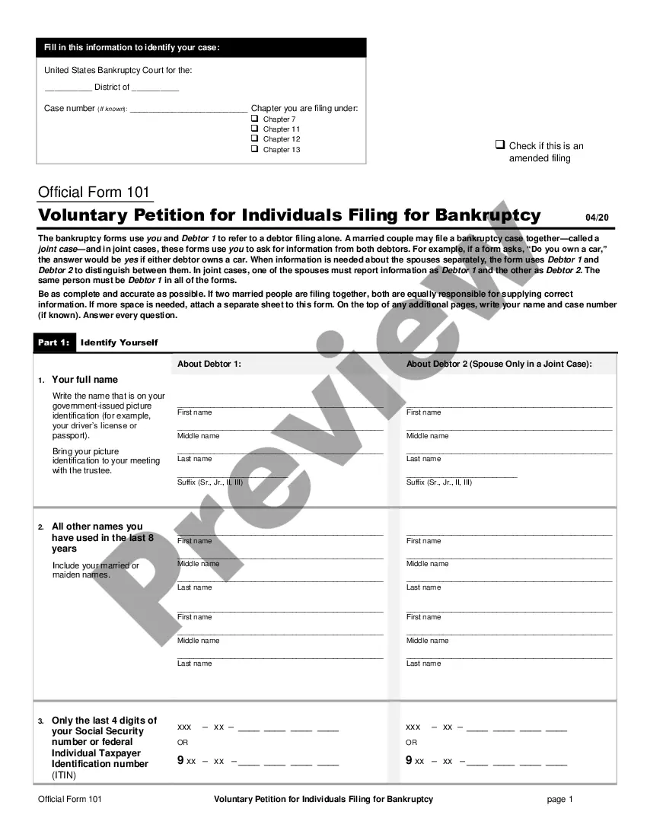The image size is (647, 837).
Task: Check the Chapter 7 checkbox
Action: (255, 119)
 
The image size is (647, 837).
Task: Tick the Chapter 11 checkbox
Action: (255, 129)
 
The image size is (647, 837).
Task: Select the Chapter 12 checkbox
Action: (255, 139)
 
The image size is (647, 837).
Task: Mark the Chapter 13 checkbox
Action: (255, 149)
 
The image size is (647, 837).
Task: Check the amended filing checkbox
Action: (500, 145)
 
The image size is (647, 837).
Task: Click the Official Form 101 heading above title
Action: (94, 193)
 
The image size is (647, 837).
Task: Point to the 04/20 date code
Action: (598, 218)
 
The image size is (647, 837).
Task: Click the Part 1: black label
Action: (54, 342)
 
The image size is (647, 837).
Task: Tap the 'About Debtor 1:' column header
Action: (209, 364)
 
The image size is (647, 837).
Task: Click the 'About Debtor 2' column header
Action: (499, 364)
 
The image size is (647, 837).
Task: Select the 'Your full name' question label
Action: (84, 380)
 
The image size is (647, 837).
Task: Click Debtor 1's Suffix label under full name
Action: (210, 482)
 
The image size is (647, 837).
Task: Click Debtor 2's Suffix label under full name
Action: (439, 482)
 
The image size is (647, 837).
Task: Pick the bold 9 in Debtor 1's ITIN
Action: (180, 759)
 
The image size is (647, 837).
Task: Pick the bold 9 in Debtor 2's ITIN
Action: (409, 759)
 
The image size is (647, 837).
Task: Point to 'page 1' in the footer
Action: (559, 799)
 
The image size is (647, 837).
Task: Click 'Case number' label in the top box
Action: (69, 109)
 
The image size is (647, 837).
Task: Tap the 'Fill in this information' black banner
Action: (201, 48)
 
